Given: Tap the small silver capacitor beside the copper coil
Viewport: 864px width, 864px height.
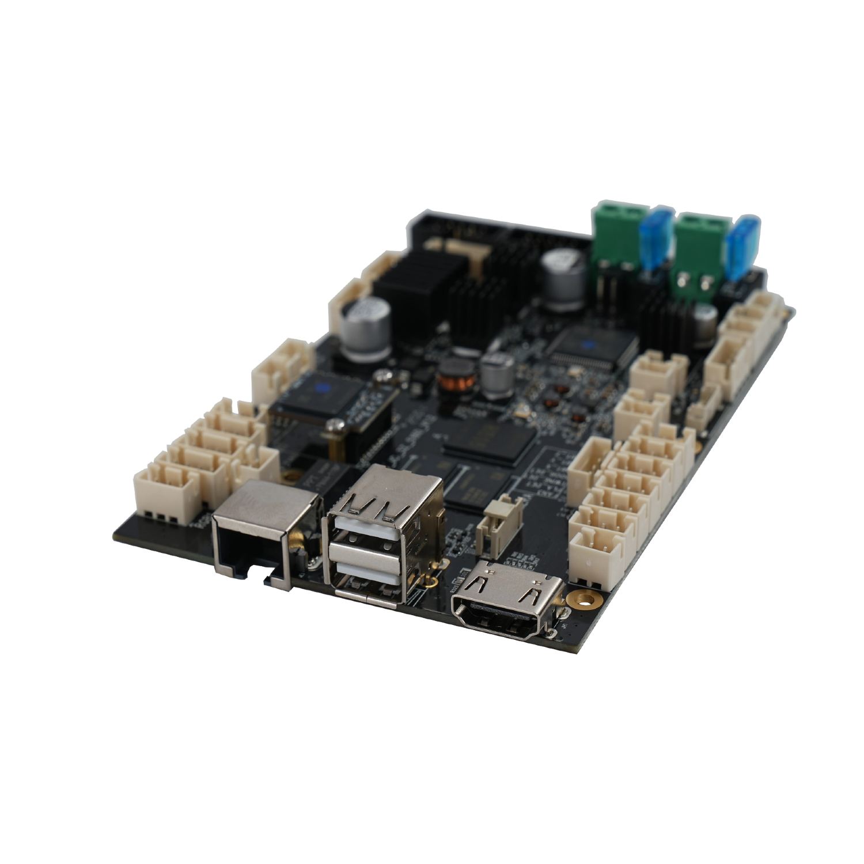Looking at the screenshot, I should pyautogui.click(x=497, y=374).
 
